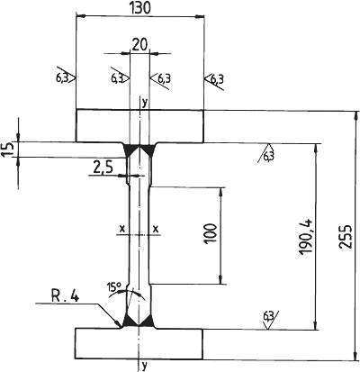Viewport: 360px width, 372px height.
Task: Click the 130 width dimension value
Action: (140, 7)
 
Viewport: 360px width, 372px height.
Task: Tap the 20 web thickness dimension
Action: (139, 45)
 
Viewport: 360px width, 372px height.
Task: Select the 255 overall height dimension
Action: (346, 236)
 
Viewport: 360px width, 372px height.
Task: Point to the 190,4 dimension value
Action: (306, 237)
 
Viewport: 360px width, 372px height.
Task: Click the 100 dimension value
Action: (211, 233)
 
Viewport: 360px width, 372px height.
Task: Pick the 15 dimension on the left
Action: (7, 150)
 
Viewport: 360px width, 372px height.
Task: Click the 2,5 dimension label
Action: (103, 168)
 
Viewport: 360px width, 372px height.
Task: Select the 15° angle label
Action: (113, 287)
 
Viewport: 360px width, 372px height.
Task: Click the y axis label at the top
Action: (145, 103)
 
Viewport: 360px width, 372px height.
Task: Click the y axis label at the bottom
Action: (145, 366)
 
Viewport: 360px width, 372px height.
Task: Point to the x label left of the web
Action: (122, 229)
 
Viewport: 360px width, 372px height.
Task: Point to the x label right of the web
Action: (156, 229)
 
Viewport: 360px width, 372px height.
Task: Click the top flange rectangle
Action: (140, 126)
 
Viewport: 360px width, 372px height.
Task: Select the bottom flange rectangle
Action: (139, 343)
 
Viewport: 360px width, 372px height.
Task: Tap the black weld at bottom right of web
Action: (148, 322)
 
